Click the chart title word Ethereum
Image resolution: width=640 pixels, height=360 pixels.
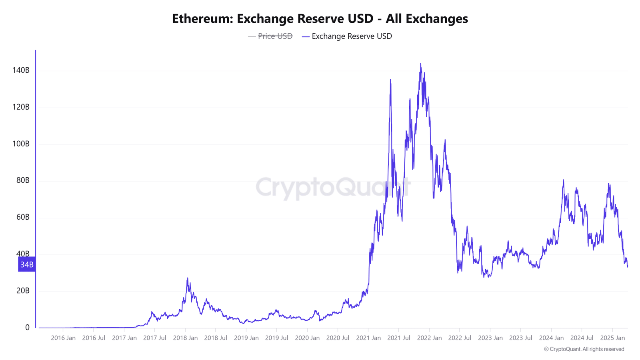coord(202,18)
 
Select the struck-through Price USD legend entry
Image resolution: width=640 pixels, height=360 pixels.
coord(275,36)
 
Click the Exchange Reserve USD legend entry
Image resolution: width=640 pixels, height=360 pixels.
coord(351,36)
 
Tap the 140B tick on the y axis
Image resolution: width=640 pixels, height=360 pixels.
coord(21,70)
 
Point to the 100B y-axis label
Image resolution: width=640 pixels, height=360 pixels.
coord(21,144)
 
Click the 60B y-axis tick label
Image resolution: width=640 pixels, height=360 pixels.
coord(22,217)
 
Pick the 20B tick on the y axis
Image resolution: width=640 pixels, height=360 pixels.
coord(22,291)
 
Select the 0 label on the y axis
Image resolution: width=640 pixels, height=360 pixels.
coord(27,328)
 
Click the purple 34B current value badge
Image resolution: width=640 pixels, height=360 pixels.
coord(27,264)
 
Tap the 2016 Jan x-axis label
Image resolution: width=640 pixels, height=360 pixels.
coord(63,338)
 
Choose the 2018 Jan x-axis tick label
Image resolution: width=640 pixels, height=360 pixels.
coord(185,338)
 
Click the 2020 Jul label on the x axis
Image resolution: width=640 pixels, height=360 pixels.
coord(338,338)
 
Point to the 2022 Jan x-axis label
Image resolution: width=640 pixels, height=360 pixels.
coord(429,338)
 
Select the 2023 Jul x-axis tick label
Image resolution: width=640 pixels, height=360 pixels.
coord(520,338)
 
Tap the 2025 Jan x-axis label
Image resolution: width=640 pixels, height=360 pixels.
coord(612,338)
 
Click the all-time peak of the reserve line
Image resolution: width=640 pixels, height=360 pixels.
coord(420,63)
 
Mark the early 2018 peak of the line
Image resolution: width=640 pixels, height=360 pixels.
coord(187,278)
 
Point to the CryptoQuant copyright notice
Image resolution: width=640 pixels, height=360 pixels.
coord(584,349)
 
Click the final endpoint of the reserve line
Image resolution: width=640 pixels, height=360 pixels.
coord(628,267)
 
